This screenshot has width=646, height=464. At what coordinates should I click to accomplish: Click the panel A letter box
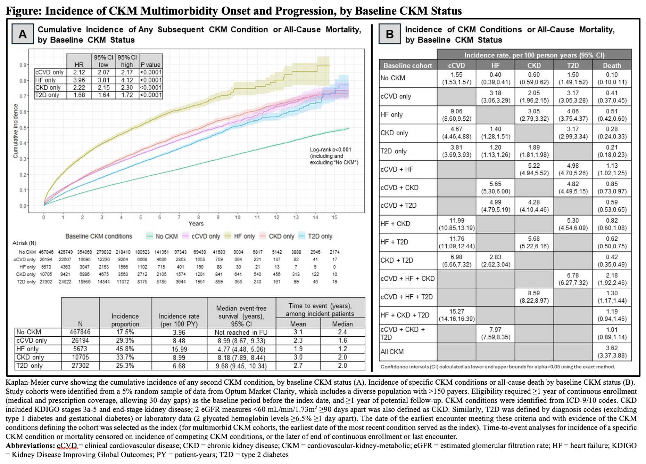pyautogui.click(x=23, y=34)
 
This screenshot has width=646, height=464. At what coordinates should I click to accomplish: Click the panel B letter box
pyautogui.click(x=390, y=34)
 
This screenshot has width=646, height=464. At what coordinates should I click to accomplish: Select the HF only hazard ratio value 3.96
pyautogui.click(x=79, y=80)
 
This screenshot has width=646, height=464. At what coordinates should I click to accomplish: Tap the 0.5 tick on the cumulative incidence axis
pyautogui.click(x=23, y=128)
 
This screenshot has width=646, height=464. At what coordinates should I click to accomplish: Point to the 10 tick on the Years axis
pyautogui.click(x=238, y=217)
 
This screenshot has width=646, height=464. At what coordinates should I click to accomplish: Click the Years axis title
pyautogui.click(x=196, y=224)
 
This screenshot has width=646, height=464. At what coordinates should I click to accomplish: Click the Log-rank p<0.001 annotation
pyautogui.click(x=330, y=150)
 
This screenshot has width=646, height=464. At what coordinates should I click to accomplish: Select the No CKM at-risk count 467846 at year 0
pyautogui.click(x=46, y=252)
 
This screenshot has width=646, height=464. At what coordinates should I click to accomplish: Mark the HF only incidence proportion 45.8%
pyautogui.click(x=125, y=349)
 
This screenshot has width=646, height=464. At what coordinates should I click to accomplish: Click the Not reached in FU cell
pyautogui.click(x=241, y=332)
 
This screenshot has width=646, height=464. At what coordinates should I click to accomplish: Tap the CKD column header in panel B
pyautogui.click(x=534, y=65)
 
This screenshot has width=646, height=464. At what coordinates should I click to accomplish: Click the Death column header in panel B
pyautogui.click(x=612, y=65)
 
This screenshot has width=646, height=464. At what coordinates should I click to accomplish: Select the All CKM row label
pyautogui.click(x=392, y=352)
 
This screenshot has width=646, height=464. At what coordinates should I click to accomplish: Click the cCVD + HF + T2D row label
pyautogui.click(x=407, y=297)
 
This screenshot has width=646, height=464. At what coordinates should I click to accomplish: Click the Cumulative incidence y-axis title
pyautogui.click(x=16, y=131)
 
